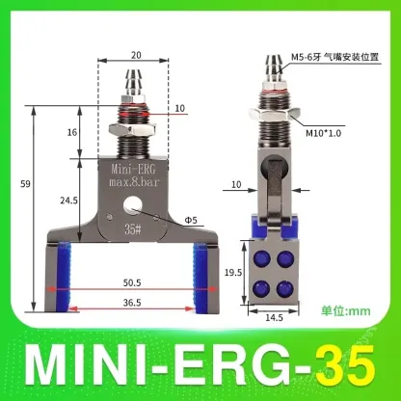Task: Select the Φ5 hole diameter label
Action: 193,220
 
